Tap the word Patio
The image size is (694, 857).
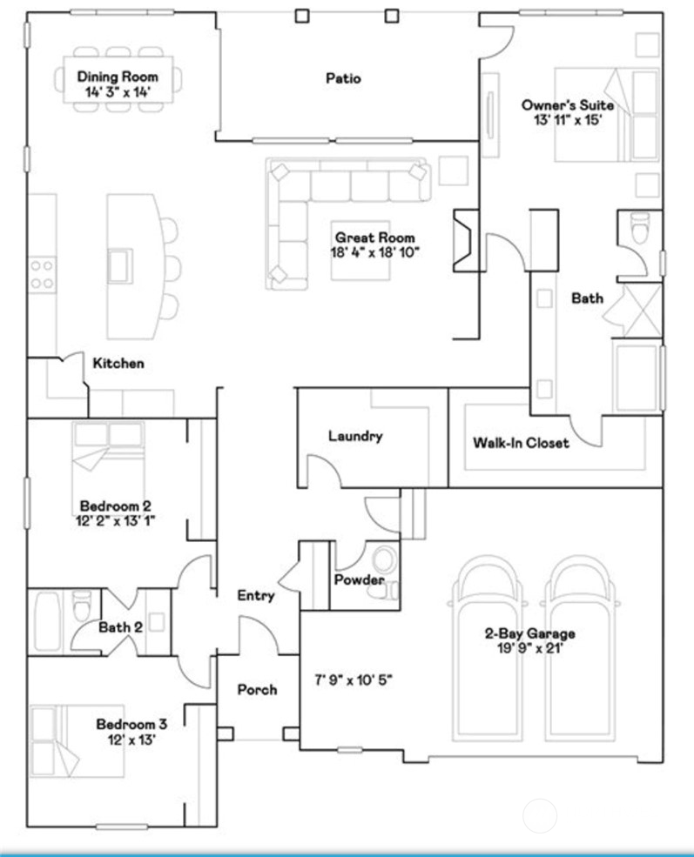[343, 78]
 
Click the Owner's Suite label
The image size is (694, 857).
[567, 105]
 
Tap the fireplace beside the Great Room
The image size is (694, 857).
[465, 240]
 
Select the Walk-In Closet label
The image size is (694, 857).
[521, 443]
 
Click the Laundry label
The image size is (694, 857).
[355, 436]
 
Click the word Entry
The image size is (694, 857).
[256, 596]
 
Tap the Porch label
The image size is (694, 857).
[258, 690]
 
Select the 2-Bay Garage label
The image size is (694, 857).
[529, 633]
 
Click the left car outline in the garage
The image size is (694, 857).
[490, 661]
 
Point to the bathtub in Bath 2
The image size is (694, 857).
[47, 621]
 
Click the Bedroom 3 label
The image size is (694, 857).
[131, 724]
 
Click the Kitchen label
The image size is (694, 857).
[118, 363]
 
